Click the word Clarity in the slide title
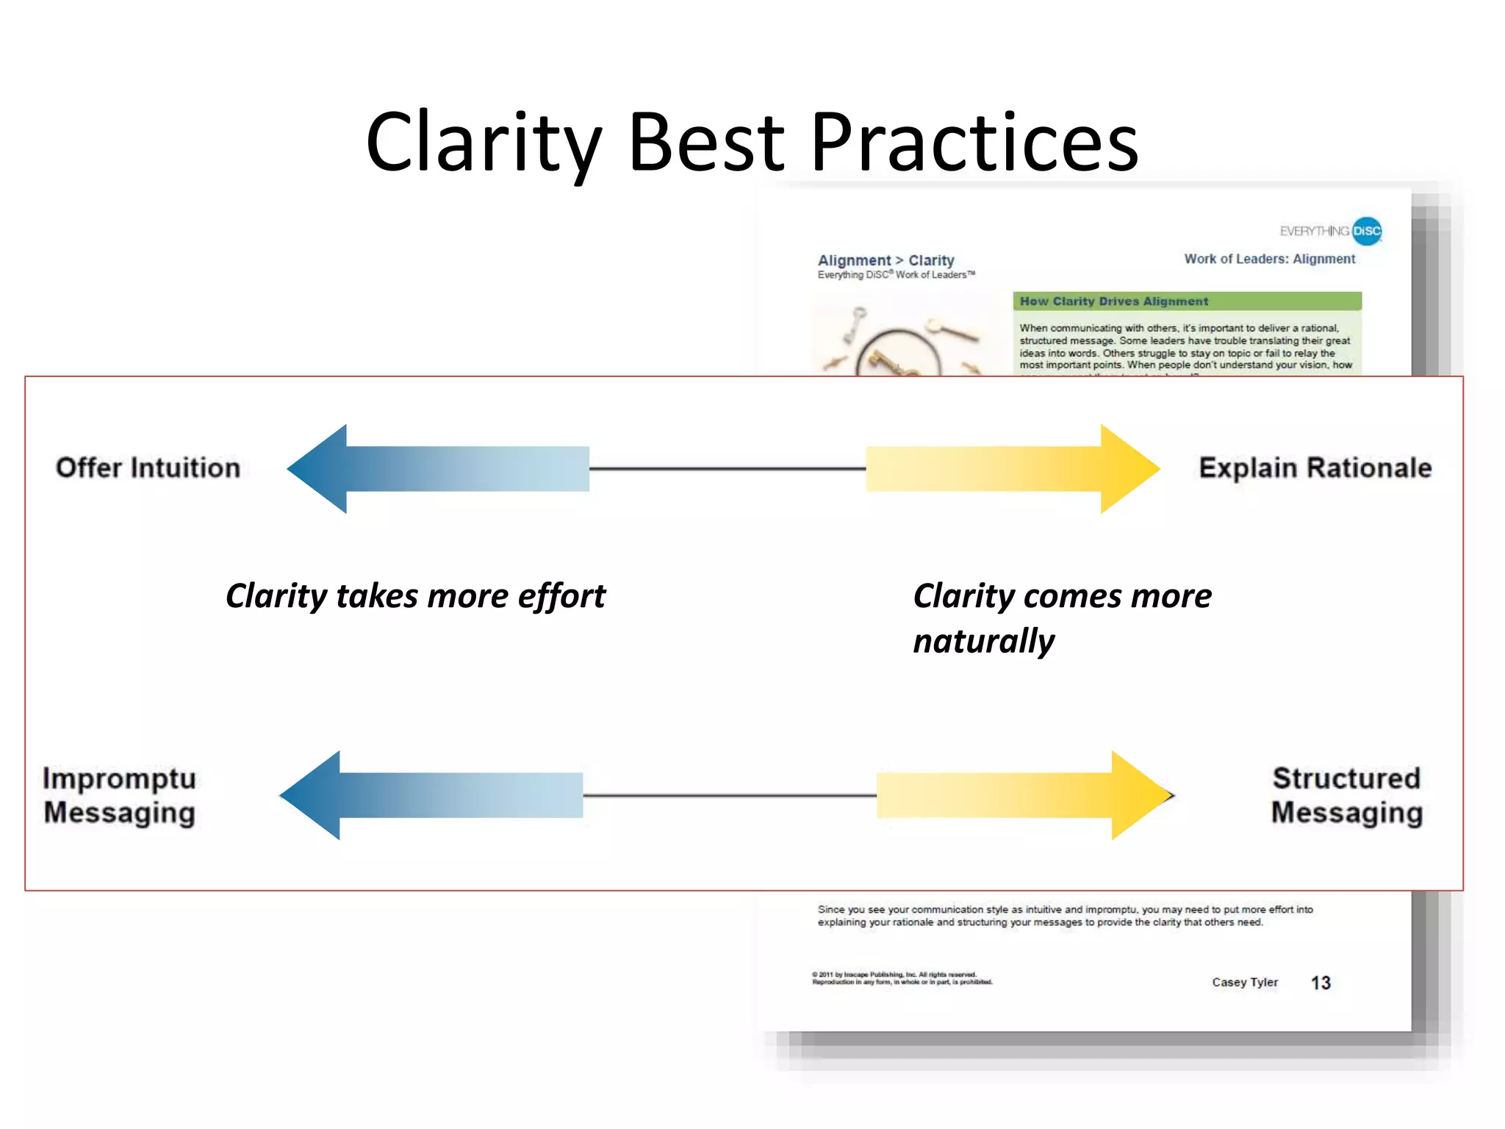(x=484, y=142)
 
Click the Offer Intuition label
(x=148, y=468)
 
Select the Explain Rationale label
(x=1315, y=468)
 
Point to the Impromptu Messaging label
(x=120, y=795)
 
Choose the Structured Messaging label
(x=1346, y=795)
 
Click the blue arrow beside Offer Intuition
(x=438, y=468)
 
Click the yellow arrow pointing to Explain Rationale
(x=1013, y=468)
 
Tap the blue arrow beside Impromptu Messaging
(x=432, y=795)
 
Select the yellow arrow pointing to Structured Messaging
(x=1023, y=795)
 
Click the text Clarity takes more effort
(x=415, y=596)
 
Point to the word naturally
(x=983, y=641)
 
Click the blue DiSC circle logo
(x=1367, y=231)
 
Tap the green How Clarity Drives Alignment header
(x=1186, y=301)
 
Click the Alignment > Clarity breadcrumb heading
(x=886, y=260)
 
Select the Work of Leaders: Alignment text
(x=1269, y=259)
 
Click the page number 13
(x=1321, y=983)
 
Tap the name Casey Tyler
(x=1245, y=983)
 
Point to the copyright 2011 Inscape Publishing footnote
(x=902, y=978)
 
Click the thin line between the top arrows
(x=728, y=468)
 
